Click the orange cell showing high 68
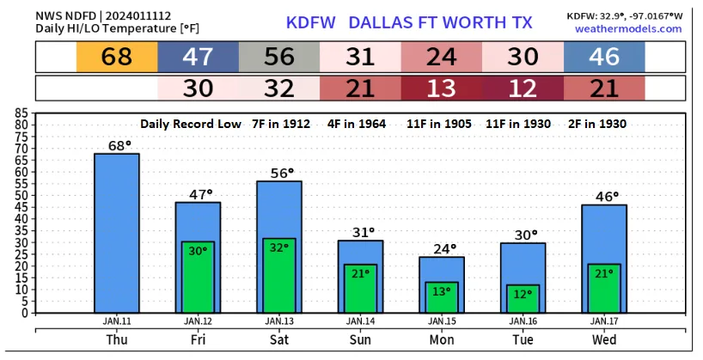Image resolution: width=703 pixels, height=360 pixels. (x=116, y=57)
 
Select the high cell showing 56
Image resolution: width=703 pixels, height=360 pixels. (x=279, y=57)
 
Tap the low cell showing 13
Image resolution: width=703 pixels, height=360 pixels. (x=442, y=88)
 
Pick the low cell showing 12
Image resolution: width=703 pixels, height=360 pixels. (x=523, y=88)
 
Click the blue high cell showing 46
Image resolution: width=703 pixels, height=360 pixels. (x=604, y=57)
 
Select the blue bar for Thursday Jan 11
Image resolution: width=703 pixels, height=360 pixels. (x=116, y=232)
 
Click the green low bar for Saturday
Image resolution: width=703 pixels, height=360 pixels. (x=279, y=275)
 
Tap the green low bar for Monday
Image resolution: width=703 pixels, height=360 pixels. (x=442, y=297)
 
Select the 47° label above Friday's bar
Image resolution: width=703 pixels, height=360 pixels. (x=198, y=194)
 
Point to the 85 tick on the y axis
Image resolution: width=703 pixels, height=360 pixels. (x=21, y=112)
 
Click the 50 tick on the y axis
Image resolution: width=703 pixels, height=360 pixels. (x=21, y=194)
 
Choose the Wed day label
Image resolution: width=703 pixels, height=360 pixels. (x=604, y=339)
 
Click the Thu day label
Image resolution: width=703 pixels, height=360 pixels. (x=116, y=339)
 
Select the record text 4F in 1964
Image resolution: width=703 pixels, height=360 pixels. (x=359, y=124)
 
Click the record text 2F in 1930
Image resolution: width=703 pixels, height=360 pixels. (x=603, y=124)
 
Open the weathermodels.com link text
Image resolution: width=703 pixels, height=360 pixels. (x=628, y=28)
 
